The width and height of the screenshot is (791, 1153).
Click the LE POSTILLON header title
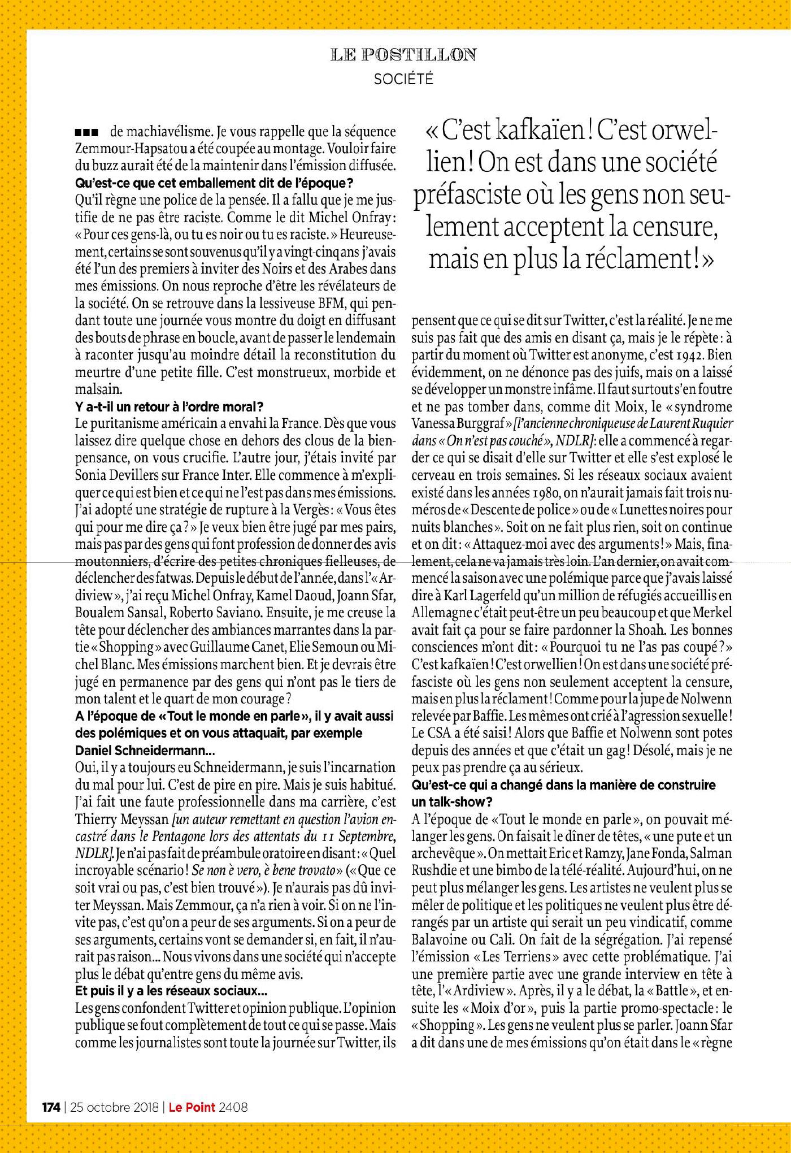[x=403, y=55]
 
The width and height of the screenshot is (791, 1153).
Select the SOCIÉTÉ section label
[x=403, y=80]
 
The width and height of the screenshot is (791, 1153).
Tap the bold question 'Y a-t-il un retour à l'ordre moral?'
[x=169, y=406]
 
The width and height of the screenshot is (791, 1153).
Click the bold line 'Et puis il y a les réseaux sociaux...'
[x=171, y=990]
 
